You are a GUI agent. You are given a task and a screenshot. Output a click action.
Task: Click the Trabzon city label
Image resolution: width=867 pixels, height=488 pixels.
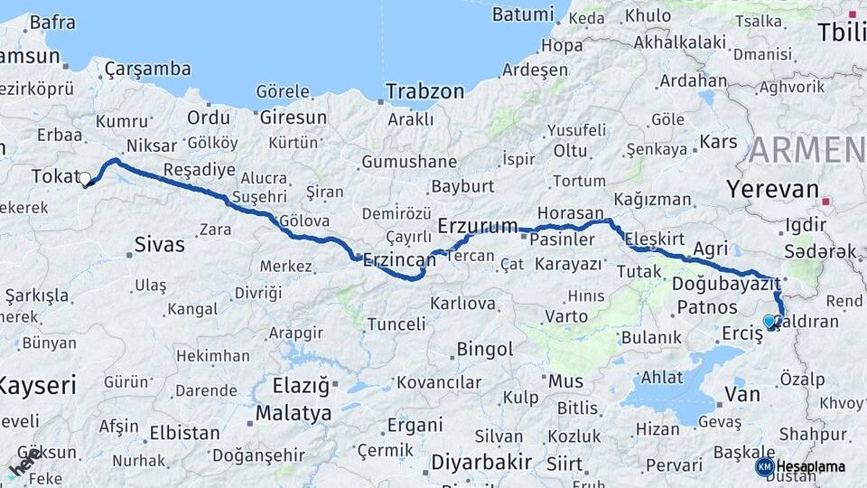coord(424,91)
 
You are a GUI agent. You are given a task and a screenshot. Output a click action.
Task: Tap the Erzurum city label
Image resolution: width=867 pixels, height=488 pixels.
coord(478,225)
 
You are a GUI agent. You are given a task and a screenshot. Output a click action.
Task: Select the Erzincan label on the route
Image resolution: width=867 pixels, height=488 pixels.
coord(398,259)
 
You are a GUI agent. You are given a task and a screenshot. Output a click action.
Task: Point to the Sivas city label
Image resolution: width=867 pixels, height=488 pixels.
coord(159,244)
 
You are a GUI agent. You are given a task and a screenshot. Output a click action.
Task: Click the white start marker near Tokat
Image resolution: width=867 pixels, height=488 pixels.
coord(86,179)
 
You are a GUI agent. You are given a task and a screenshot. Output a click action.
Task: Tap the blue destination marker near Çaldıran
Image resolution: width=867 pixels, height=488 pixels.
coord(769,321)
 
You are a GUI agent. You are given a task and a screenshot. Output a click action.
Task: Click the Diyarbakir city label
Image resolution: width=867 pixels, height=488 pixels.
coord(480,462)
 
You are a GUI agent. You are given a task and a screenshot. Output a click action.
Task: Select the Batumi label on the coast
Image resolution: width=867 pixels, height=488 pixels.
coord(523,14)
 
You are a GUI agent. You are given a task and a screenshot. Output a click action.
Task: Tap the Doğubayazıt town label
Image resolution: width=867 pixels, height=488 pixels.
coord(726,284)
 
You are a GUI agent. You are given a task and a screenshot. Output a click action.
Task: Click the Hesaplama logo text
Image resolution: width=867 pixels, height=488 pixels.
coord(810,466)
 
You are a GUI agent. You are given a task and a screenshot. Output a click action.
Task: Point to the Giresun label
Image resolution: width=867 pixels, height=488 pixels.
coord(293,117)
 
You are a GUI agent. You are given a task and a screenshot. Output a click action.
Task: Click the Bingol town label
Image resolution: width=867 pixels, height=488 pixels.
coord(485,349)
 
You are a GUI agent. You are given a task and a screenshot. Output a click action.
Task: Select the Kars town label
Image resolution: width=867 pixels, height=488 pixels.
coord(719,142)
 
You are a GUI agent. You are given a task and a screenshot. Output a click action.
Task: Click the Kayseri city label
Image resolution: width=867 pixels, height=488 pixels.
coord(36,386)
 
